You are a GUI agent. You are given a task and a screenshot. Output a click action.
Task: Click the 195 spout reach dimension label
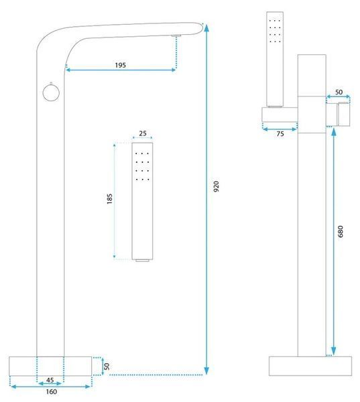(121, 65)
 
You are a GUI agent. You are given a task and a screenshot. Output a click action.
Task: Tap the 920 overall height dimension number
(217, 186)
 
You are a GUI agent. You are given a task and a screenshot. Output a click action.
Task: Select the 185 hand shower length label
(109, 199)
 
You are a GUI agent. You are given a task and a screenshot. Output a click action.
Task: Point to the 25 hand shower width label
(143, 133)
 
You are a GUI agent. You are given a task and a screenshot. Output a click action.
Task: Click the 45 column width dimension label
(50, 380)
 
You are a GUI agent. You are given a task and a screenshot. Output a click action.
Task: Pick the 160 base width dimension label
(52, 392)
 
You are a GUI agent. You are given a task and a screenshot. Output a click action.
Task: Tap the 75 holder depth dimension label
(280, 134)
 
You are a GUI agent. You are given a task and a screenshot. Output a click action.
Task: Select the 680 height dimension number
(341, 231)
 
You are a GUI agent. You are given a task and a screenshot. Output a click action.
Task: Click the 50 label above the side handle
(339, 92)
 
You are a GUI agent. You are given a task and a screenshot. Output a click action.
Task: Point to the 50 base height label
(107, 366)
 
